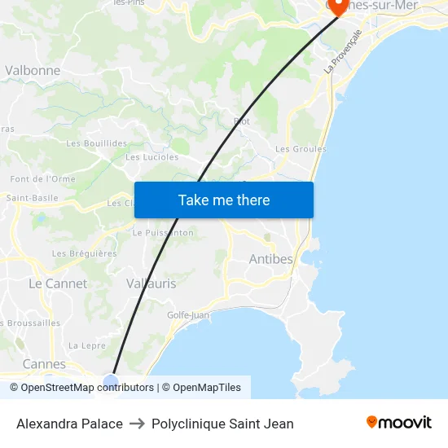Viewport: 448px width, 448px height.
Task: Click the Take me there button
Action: pyautogui.click(x=224, y=200)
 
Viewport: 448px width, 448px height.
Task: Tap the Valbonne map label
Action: pyautogui.click(x=33, y=70)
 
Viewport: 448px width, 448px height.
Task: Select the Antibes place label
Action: pyautogui.click(x=270, y=259)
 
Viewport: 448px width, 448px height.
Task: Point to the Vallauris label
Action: pyautogui.click(x=151, y=283)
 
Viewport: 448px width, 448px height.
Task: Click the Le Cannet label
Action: pyautogui.click(x=57, y=283)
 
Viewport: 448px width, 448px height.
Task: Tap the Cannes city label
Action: pyautogui.click(x=44, y=363)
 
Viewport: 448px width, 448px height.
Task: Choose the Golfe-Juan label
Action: pyautogui.click(x=188, y=314)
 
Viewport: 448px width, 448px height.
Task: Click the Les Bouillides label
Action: pyautogui.click(x=96, y=143)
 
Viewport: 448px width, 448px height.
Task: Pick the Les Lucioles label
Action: pyautogui.click(x=152, y=157)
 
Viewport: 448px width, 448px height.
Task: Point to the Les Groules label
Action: pyautogui.click(x=301, y=149)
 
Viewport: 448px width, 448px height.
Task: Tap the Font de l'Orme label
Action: pyautogui.click(x=42, y=179)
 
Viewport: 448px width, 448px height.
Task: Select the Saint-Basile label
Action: pyautogui.click(x=33, y=198)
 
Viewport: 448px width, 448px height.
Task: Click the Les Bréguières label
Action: pyautogui.click(x=85, y=253)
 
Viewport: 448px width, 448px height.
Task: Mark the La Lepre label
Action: pyautogui.click(x=87, y=345)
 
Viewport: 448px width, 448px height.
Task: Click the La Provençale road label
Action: pyautogui.click(x=342, y=52)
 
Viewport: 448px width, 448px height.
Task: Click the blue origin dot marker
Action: pyautogui.click(x=112, y=380)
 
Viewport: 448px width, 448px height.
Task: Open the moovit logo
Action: pyautogui.click(x=399, y=422)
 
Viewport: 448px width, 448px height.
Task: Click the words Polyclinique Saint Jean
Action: pyautogui.click(x=222, y=424)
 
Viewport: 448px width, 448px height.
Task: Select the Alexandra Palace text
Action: pyautogui.click(x=69, y=424)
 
